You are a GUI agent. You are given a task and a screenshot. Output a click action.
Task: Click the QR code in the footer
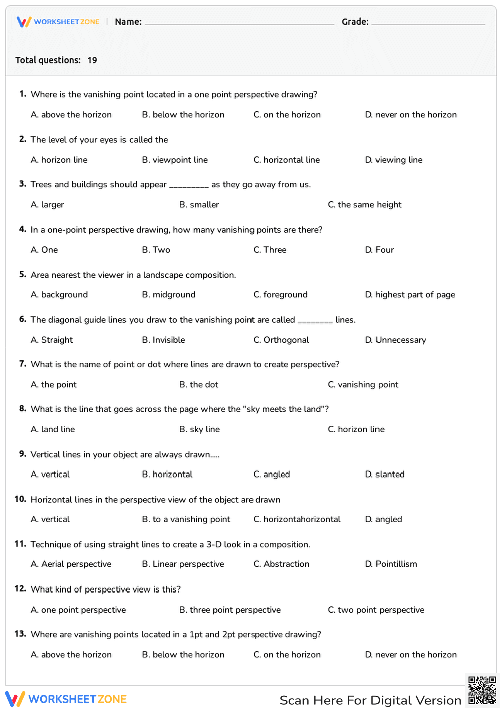pyautogui.click(x=482, y=690)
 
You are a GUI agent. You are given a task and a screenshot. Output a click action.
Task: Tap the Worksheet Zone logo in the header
pyautogui.click(x=58, y=22)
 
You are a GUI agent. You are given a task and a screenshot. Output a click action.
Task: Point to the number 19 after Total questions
pyautogui.click(x=92, y=60)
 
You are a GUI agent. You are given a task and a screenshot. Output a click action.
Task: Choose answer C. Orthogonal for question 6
pyautogui.click(x=281, y=340)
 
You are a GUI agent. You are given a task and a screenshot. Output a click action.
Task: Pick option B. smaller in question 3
pyautogui.click(x=199, y=205)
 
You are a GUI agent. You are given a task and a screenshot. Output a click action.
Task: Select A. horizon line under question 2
pyautogui.click(x=59, y=160)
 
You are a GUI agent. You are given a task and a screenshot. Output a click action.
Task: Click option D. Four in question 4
pyautogui.click(x=380, y=250)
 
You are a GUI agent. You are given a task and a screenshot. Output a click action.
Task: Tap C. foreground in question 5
pyautogui.click(x=281, y=295)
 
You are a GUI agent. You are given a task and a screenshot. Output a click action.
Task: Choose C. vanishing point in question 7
pyautogui.click(x=363, y=385)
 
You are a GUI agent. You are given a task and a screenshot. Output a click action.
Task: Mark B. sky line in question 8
pyautogui.click(x=200, y=429)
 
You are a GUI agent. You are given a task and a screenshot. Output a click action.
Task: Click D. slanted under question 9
pyautogui.click(x=385, y=475)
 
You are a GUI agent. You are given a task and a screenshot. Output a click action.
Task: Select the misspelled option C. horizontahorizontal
pyautogui.click(x=297, y=519)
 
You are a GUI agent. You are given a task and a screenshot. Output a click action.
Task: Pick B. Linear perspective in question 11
pyautogui.click(x=183, y=564)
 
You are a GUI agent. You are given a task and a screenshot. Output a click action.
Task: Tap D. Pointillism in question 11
pyautogui.click(x=391, y=564)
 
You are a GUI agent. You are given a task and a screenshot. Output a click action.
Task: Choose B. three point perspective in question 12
pyautogui.click(x=230, y=610)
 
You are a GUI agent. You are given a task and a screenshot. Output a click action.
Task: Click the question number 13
pyautogui.click(x=20, y=634)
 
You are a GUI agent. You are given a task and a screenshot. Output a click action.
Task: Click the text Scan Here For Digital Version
pyautogui.click(x=370, y=700)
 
